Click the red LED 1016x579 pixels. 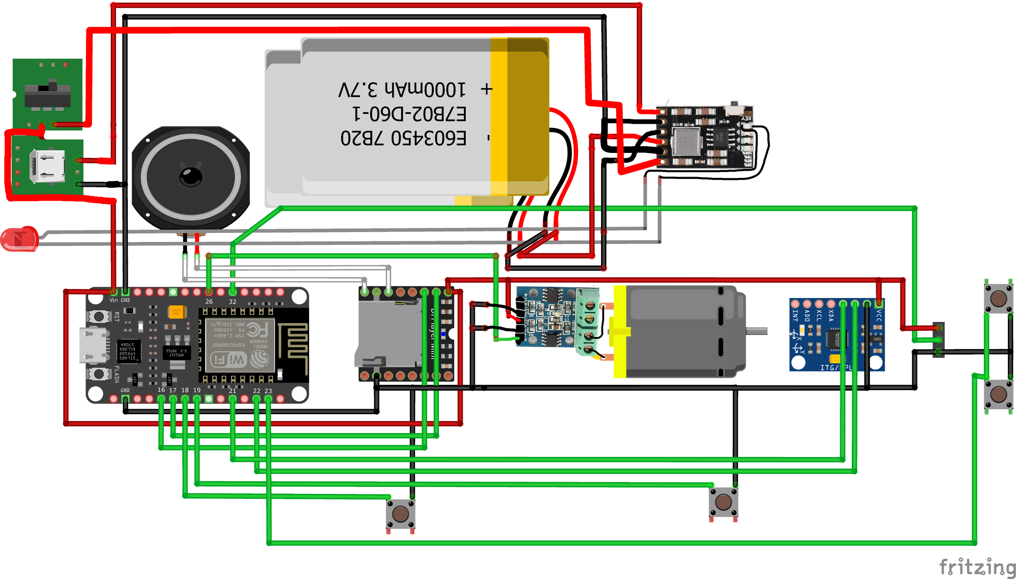[x=19, y=238]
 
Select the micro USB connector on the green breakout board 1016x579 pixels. [x=47, y=166]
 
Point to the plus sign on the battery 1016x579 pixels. [x=487, y=89]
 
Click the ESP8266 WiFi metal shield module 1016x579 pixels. [x=240, y=344]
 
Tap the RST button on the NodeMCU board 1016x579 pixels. [x=99, y=316]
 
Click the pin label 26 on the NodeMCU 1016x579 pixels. [x=209, y=302]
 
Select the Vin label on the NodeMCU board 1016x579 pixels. [x=113, y=300]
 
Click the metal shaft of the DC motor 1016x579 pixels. [x=756, y=331]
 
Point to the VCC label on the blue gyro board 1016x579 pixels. [x=879, y=316]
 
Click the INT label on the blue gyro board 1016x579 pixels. [x=795, y=316]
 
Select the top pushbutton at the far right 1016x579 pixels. [x=998, y=299]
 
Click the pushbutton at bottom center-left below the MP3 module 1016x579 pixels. [x=400, y=514]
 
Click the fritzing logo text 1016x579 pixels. [x=977, y=567]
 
